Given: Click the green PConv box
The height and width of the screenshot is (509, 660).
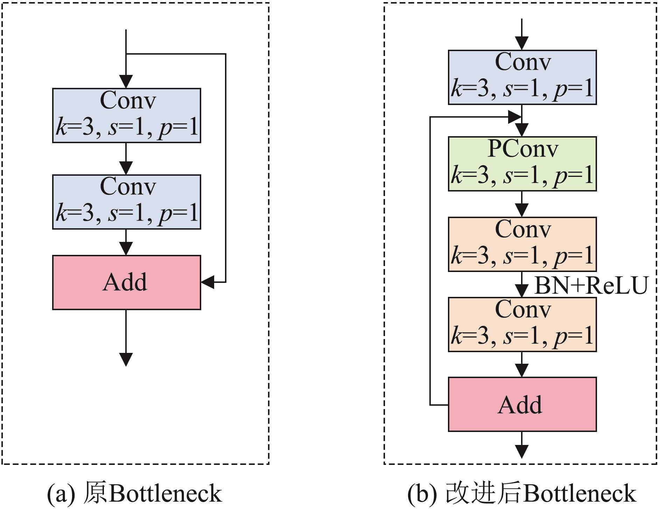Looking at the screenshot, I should (x=522, y=164).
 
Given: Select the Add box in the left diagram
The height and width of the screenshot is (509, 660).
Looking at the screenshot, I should (x=126, y=283).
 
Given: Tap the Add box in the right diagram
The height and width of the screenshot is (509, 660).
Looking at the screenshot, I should (x=522, y=404).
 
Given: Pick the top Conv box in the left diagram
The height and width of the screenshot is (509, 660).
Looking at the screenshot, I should (x=126, y=116).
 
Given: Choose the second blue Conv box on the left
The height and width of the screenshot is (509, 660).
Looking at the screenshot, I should (x=126, y=202).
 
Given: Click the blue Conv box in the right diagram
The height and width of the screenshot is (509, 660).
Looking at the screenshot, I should (x=522, y=77).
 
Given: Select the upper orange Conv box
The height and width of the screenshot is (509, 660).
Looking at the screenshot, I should (x=522, y=244).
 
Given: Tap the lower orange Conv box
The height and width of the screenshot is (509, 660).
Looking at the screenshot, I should (x=522, y=325).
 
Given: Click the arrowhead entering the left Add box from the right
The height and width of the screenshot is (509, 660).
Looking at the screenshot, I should (x=208, y=282).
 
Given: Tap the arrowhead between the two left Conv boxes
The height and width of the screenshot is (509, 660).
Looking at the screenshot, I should (x=126, y=168).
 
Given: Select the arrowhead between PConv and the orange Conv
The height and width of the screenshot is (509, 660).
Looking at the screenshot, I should (x=522, y=210).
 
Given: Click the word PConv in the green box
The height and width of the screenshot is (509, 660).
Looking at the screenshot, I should (x=523, y=149).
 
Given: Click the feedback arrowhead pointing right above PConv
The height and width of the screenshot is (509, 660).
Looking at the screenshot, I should (x=514, y=117).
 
